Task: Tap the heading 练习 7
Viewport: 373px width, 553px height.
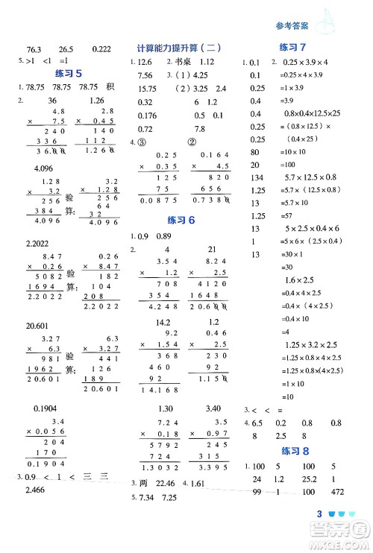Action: pos(294,48)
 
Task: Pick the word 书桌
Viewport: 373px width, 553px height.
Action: pos(186,62)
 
